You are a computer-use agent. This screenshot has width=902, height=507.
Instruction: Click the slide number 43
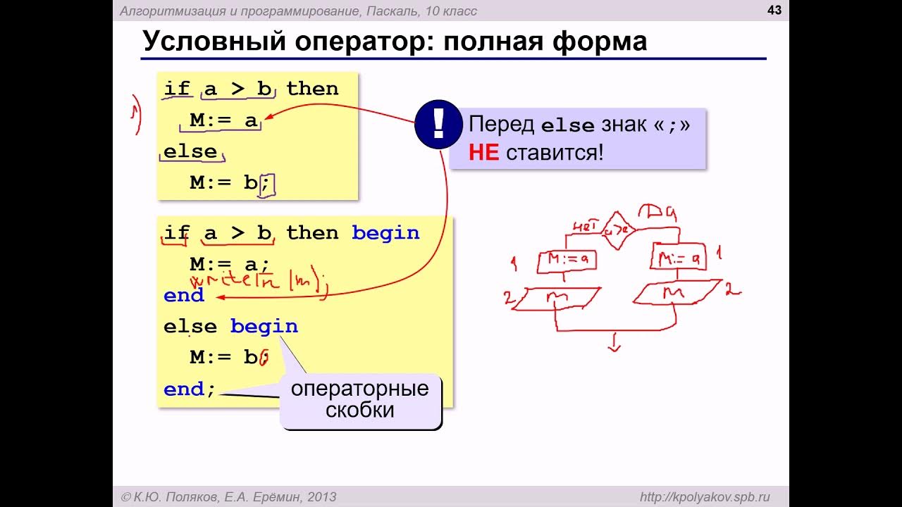click(x=774, y=10)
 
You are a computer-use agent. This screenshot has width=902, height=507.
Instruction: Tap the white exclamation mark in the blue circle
click(x=438, y=124)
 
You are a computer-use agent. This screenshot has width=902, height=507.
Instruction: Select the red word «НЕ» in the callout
click(x=483, y=152)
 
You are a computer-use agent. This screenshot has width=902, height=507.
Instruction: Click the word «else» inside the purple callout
click(x=568, y=125)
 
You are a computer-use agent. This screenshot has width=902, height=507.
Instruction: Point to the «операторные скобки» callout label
click(x=360, y=399)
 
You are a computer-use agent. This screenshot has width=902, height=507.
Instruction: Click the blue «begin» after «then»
click(x=385, y=233)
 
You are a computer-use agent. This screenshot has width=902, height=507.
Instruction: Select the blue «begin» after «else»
click(x=264, y=327)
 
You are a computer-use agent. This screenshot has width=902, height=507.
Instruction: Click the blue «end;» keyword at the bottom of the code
click(x=189, y=389)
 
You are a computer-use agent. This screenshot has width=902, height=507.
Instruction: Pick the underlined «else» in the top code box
click(x=190, y=152)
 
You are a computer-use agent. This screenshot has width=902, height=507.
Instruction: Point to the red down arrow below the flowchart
click(x=614, y=344)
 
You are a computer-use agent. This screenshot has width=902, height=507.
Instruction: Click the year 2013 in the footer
click(x=321, y=497)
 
